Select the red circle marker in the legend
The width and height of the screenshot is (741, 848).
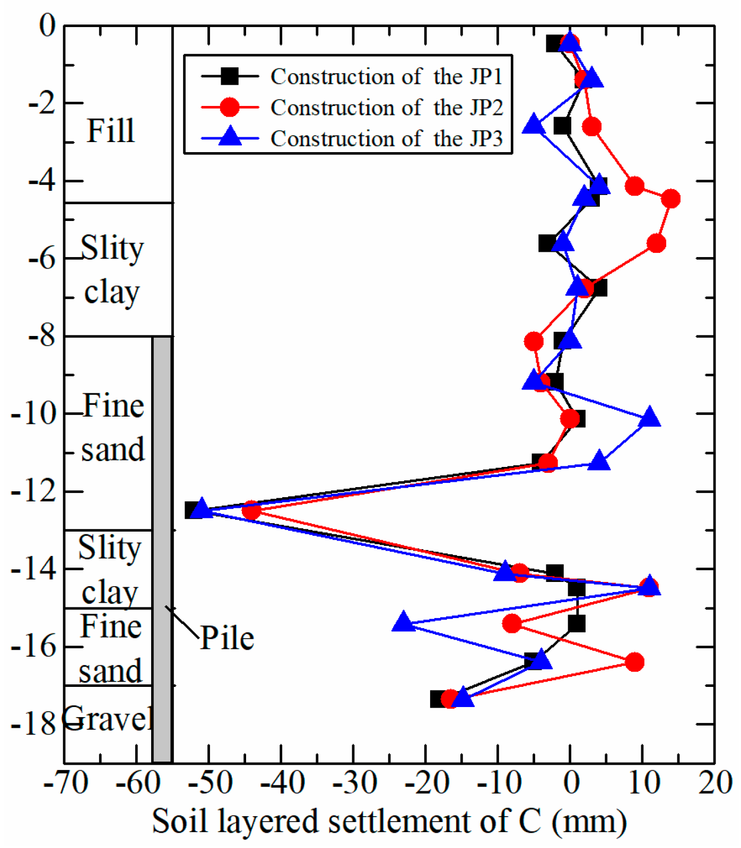tap(230, 107)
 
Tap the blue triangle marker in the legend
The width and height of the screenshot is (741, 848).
tap(230, 137)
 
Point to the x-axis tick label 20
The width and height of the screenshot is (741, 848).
tap(714, 783)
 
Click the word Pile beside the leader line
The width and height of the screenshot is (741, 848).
tap(227, 638)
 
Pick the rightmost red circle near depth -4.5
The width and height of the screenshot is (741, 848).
tap(670, 199)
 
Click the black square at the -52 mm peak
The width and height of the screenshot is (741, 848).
tap(194, 510)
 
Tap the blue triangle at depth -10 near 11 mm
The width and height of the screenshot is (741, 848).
tap(649, 418)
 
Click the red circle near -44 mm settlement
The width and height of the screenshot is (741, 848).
tap(251, 511)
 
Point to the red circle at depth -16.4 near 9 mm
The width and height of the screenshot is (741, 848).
tap(634, 662)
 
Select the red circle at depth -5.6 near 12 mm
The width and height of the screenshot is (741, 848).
tap(656, 244)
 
